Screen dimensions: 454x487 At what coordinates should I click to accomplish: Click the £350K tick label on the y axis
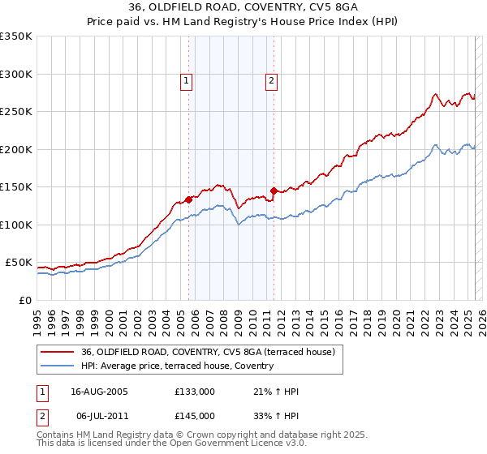pos(16,36)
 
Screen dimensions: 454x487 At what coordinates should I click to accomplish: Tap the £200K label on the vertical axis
pos(16,149)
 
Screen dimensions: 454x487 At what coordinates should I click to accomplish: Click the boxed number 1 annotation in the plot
pos(187,80)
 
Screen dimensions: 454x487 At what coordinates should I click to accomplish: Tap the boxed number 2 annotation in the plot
pos(270,80)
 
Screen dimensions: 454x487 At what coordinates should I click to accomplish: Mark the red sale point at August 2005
pos(188,199)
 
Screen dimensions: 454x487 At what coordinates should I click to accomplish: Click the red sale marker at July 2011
pos(274,191)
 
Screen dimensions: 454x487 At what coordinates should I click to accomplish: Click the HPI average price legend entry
pos(177,366)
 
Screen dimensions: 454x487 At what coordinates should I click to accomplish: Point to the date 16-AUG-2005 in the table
pos(99,392)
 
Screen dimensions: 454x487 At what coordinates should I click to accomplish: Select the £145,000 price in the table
pos(195,415)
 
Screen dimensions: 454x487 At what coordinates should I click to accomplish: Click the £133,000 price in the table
pos(195,392)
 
